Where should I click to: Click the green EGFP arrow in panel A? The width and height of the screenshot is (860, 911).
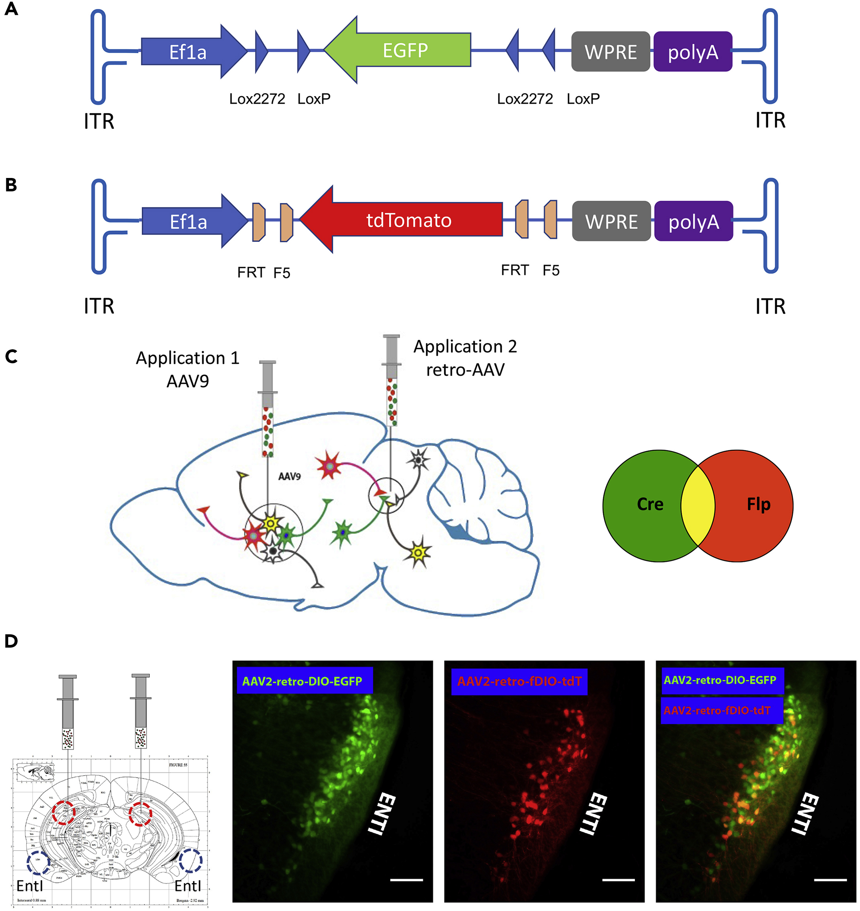coord(403,50)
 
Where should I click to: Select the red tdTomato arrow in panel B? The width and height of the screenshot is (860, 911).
coord(408,220)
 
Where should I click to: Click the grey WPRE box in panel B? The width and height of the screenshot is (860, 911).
coord(611,221)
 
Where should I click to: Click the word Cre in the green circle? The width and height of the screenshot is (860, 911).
coord(650,504)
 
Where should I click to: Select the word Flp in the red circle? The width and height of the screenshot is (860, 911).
coord(758,504)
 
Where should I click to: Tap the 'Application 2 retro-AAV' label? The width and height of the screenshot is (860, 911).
coord(465,358)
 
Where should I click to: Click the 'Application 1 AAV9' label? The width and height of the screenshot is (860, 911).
coord(188,369)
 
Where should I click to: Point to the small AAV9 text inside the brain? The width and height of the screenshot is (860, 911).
coord(289,476)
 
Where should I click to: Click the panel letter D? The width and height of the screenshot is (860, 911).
coord(11,641)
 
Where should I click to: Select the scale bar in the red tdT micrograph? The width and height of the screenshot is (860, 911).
coord(618,880)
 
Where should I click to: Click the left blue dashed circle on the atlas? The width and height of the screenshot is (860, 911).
coord(38,863)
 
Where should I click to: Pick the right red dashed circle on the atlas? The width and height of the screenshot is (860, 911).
coord(140,814)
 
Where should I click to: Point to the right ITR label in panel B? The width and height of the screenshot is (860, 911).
coord(770,306)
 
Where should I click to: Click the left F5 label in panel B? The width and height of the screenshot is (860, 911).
coord(281,273)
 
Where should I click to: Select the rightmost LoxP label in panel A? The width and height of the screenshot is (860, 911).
coord(583,99)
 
